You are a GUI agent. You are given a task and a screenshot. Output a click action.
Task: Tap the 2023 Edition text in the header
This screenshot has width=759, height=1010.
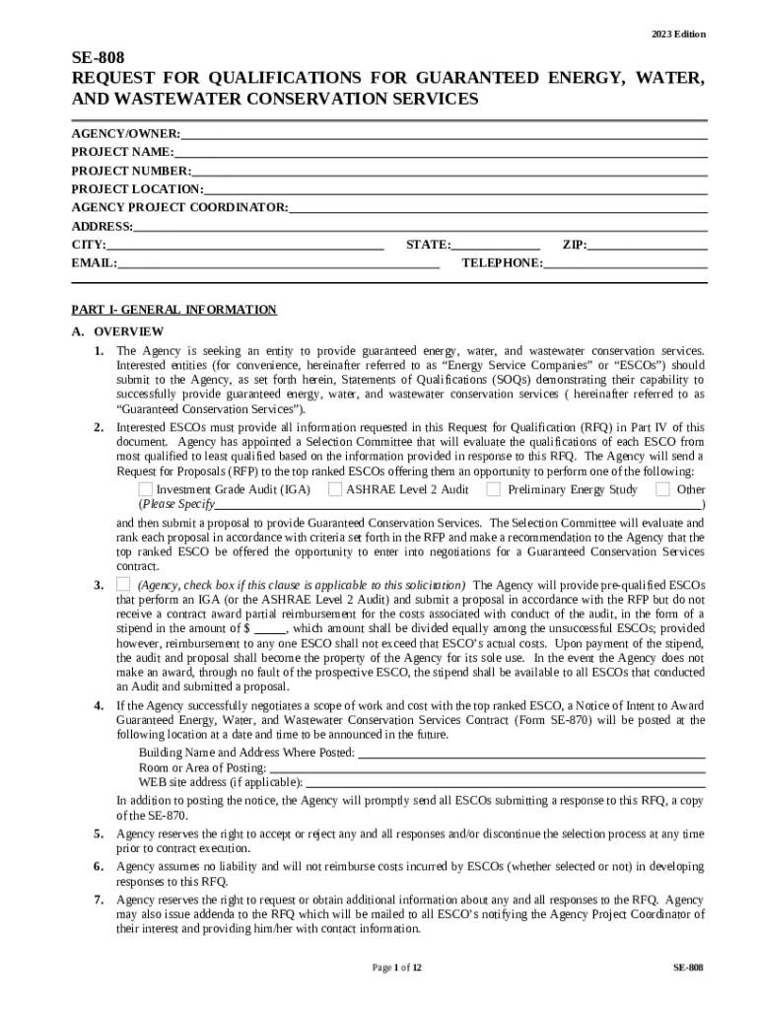[678, 35]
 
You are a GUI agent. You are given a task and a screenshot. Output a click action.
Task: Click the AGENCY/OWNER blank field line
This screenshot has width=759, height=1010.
[444, 133]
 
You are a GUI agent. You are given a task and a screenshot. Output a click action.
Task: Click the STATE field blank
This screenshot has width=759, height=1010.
[496, 245]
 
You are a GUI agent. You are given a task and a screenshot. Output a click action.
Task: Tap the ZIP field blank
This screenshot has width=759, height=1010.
[648, 245]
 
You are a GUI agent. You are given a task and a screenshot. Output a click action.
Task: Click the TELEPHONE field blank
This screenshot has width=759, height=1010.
[625, 263]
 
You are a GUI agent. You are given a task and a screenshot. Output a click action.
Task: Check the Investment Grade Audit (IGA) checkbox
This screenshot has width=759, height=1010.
[146, 489]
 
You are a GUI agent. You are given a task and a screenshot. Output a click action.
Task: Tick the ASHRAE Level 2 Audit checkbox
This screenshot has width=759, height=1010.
[335, 489]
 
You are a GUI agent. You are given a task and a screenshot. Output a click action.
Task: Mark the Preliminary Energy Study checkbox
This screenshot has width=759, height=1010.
[494, 489]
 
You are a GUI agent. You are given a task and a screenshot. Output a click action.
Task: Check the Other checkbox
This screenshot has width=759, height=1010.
[662, 489]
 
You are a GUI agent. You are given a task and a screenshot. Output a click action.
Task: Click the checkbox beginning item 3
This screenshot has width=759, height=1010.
[123, 585]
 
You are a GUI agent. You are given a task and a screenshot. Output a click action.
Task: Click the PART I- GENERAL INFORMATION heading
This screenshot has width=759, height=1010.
[173, 310]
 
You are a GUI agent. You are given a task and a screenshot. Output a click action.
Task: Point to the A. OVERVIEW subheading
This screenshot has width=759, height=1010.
[117, 331]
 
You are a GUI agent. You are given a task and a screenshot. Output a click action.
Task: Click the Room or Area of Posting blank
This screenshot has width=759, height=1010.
[487, 767]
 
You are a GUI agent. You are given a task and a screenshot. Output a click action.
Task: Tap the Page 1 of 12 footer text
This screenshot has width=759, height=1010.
[397, 968]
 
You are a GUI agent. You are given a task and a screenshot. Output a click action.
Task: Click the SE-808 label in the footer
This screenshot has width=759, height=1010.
[688, 968]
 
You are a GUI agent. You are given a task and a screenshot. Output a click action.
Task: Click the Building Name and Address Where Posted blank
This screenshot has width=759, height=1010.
[531, 753]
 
